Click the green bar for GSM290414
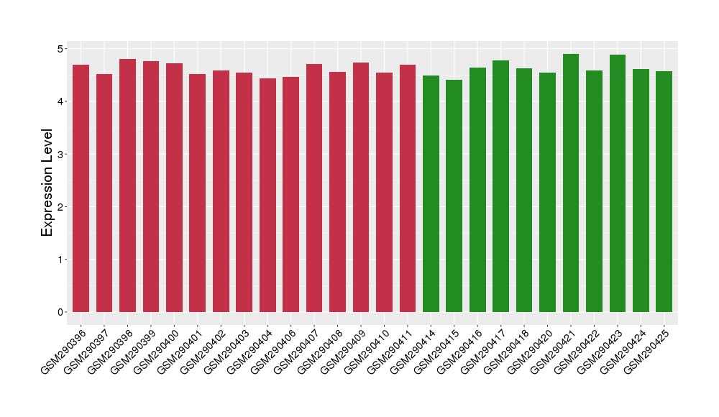(431, 194)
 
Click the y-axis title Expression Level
(47, 183)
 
